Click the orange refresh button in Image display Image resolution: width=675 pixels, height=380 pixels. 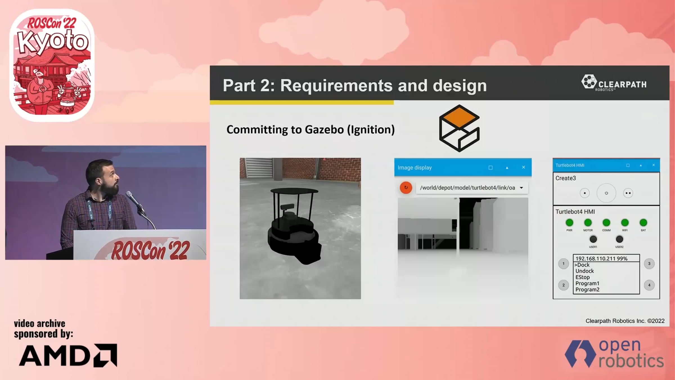tap(406, 187)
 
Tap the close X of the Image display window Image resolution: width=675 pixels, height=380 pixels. tap(523, 167)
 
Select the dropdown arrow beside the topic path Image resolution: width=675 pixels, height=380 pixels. tap(521, 188)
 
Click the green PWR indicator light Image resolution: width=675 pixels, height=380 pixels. tap(569, 223)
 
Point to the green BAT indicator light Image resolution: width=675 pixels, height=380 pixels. tap(643, 223)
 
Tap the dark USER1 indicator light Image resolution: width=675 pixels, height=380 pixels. tap(593, 239)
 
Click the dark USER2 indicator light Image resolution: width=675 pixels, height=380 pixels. tap(619, 239)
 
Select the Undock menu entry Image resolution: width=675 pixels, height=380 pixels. tap(584, 271)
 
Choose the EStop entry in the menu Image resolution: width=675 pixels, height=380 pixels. tap(582, 277)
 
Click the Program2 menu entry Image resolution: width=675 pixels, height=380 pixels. tap(587, 290)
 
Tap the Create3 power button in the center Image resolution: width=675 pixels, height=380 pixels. tap(606, 193)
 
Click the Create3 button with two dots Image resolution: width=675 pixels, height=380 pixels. tap(628, 193)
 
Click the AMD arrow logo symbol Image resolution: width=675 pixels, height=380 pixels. tap(105, 355)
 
